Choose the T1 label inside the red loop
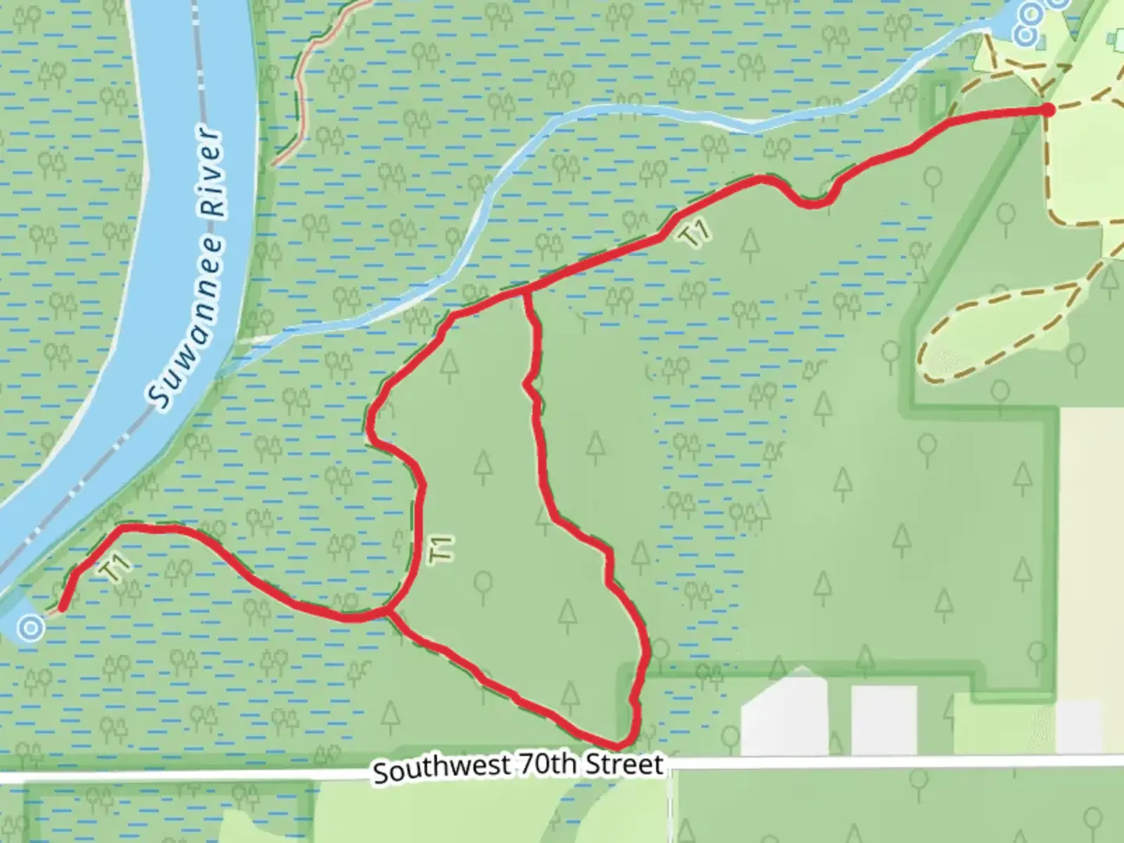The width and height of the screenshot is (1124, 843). click(441, 549)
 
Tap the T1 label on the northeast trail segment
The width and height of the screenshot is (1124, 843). click(694, 233)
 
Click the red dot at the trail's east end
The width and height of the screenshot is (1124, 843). click(1048, 110)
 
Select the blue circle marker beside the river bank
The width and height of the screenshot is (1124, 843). click(30, 627)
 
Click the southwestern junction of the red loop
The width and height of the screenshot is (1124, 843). click(389, 612)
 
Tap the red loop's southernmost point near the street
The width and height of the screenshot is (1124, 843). click(621, 745)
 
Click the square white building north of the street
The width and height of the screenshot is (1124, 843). click(883, 719)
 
